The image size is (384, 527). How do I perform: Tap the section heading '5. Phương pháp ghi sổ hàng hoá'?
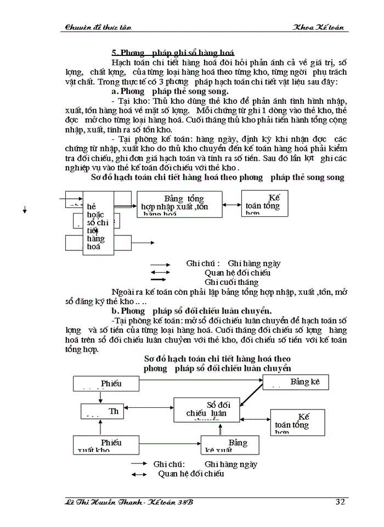[x=173, y=53]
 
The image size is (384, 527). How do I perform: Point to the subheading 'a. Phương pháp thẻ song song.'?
[x=170, y=91]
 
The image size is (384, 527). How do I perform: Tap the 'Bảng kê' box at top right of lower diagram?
[x=296, y=382]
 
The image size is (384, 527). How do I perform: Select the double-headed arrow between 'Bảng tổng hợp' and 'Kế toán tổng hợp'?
[x=232, y=205]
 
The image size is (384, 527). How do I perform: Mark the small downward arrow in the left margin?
[x=25, y=210]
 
